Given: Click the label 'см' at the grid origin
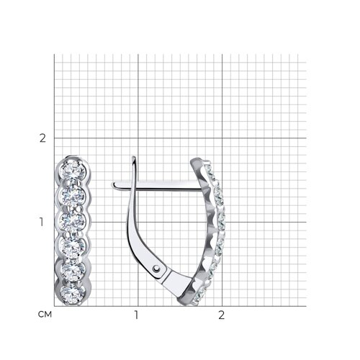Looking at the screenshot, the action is tap(45, 314).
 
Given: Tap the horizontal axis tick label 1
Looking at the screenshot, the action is tap(136, 315).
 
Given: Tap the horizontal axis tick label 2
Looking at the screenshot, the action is tap(221, 315).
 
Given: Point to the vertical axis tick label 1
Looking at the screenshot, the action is tap(42, 222).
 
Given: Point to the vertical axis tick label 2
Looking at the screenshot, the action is tap(42, 138).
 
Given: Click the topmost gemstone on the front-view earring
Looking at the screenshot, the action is tap(73, 170).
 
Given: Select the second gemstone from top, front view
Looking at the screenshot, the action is tap(73, 196).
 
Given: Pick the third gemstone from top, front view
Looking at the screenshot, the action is tap(73, 221).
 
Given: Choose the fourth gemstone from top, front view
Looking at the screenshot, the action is tap(73, 246).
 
